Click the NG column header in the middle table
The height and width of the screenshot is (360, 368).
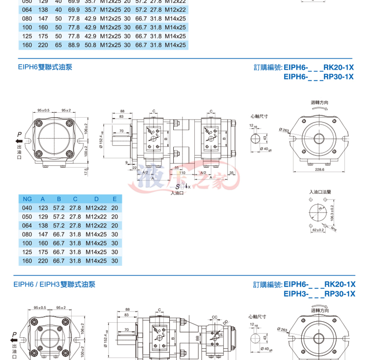[27, 199]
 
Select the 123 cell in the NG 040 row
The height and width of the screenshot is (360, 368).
[43, 208]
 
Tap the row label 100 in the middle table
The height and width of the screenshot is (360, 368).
[27, 243]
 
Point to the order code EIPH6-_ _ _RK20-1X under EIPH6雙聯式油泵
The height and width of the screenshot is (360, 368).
[318, 67]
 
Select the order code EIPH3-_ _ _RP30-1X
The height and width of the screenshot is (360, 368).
[319, 294]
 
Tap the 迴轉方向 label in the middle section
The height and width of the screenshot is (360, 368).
[319, 103]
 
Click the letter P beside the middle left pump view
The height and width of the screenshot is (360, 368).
[19, 134]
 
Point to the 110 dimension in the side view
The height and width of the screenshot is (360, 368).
[182, 173]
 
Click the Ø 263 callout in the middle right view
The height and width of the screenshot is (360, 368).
[284, 129]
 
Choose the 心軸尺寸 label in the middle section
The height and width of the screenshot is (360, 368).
[258, 117]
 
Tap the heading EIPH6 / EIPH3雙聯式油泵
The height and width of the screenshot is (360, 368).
[54, 284]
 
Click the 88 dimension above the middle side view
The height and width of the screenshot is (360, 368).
[123, 111]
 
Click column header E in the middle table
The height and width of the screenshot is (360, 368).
[115, 199]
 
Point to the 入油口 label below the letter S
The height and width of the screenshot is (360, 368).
[177, 193]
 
